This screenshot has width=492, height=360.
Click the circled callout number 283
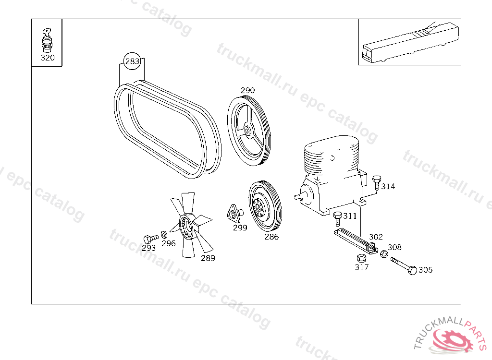click(x=132, y=61)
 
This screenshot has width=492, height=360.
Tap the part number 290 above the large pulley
click(x=247, y=90)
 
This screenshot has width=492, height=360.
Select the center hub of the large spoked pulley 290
click(x=247, y=131)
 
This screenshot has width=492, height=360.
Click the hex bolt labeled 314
click(x=377, y=183)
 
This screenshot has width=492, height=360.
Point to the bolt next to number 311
click(x=338, y=218)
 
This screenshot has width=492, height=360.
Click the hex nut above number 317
click(x=361, y=258)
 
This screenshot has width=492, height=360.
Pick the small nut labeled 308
click(x=384, y=254)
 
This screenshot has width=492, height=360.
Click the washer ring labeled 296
click(x=164, y=235)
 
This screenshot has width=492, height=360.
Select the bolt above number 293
click(x=150, y=239)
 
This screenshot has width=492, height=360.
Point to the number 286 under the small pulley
click(x=271, y=237)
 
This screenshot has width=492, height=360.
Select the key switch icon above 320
click(x=47, y=40)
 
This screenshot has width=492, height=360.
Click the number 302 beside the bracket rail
click(x=376, y=237)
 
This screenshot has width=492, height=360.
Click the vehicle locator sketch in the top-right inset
click(x=410, y=42)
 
